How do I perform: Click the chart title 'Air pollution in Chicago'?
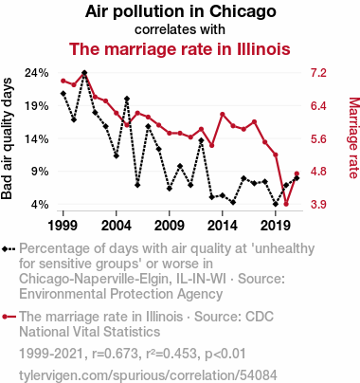point(180,11)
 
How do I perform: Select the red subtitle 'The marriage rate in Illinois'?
point(179,49)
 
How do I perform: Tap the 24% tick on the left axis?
point(37,73)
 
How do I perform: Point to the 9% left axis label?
point(41,172)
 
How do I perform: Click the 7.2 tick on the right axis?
point(318,73)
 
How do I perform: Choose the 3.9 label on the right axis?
point(318,205)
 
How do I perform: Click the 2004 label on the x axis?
point(117,226)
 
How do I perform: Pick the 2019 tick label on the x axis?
point(276,226)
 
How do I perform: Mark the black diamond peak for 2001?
point(84,73)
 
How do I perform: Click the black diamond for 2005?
point(127,99)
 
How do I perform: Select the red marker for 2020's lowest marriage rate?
point(286,204)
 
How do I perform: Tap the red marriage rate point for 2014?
point(223,114)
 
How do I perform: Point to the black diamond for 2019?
point(276,204)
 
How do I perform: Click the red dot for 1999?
point(63,81)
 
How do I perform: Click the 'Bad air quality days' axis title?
point(7,138)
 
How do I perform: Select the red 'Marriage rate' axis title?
point(353,138)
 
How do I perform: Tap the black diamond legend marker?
point(9,249)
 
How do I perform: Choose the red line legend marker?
point(9,317)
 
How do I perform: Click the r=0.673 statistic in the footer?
point(115,354)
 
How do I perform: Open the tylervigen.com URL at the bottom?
point(148,375)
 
